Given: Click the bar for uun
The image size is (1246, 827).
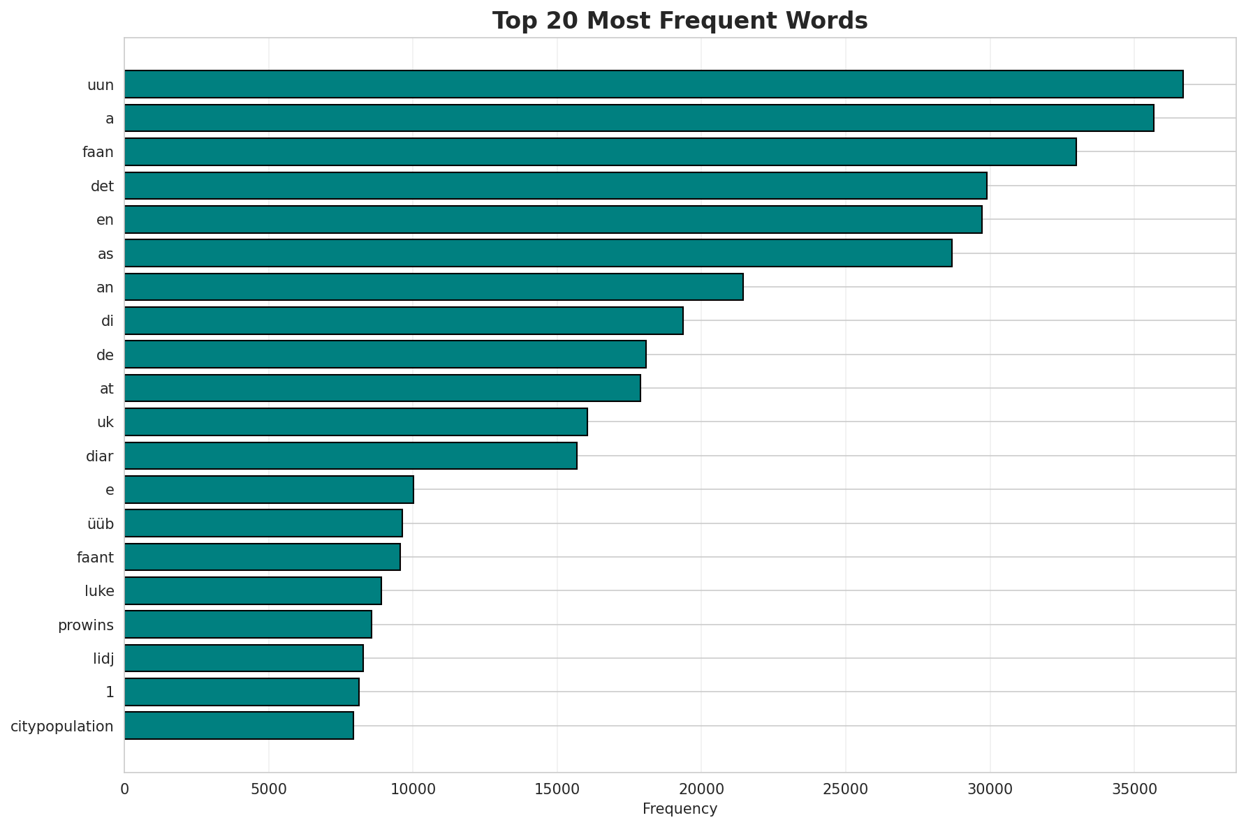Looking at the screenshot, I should (x=654, y=84).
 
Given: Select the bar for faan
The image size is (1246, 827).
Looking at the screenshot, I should (x=601, y=151).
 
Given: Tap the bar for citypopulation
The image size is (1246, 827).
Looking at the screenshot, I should (x=239, y=726).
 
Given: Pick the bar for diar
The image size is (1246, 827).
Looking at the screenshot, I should (x=351, y=456).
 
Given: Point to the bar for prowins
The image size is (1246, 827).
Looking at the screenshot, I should (x=248, y=625).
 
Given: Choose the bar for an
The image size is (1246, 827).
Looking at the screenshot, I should (x=434, y=287).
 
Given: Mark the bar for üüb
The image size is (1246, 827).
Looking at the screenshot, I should (x=263, y=523).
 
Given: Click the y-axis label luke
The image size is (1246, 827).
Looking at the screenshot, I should (x=99, y=591).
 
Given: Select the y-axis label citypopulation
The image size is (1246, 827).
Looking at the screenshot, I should (x=62, y=727).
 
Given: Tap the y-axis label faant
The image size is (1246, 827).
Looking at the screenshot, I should (x=95, y=558).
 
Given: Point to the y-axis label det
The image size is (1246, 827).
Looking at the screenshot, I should (x=102, y=186).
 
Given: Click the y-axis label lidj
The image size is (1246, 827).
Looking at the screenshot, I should (x=103, y=659).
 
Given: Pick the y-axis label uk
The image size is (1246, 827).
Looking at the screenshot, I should (x=105, y=422).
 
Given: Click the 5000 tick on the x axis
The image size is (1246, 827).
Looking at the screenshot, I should (x=269, y=789).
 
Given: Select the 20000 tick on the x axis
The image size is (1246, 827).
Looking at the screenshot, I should (x=701, y=789).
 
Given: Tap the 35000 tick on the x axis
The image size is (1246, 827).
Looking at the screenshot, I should (x=1134, y=789).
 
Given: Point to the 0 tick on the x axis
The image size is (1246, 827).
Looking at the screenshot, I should (x=125, y=789).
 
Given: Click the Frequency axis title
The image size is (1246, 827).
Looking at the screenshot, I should (x=680, y=810).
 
